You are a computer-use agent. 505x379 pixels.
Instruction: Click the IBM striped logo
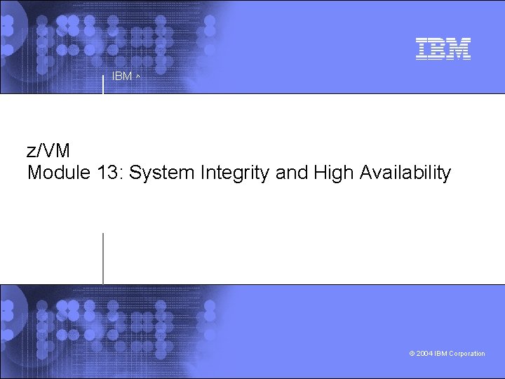pyautogui.click(x=443, y=48)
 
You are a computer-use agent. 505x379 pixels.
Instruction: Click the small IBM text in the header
pyautogui.click(x=122, y=77)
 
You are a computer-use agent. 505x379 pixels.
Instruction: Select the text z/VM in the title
pyautogui.click(x=48, y=151)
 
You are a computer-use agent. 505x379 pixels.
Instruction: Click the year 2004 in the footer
pyautogui.click(x=424, y=354)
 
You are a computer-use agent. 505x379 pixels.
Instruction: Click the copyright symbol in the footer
pyautogui.click(x=412, y=354)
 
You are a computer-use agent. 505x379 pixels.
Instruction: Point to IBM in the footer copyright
pyautogui.click(x=440, y=354)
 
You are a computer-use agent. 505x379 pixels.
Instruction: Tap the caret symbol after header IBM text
pyautogui.click(x=137, y=76)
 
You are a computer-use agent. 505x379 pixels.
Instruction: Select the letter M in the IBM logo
pyautogui.click(x=459, y=48)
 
